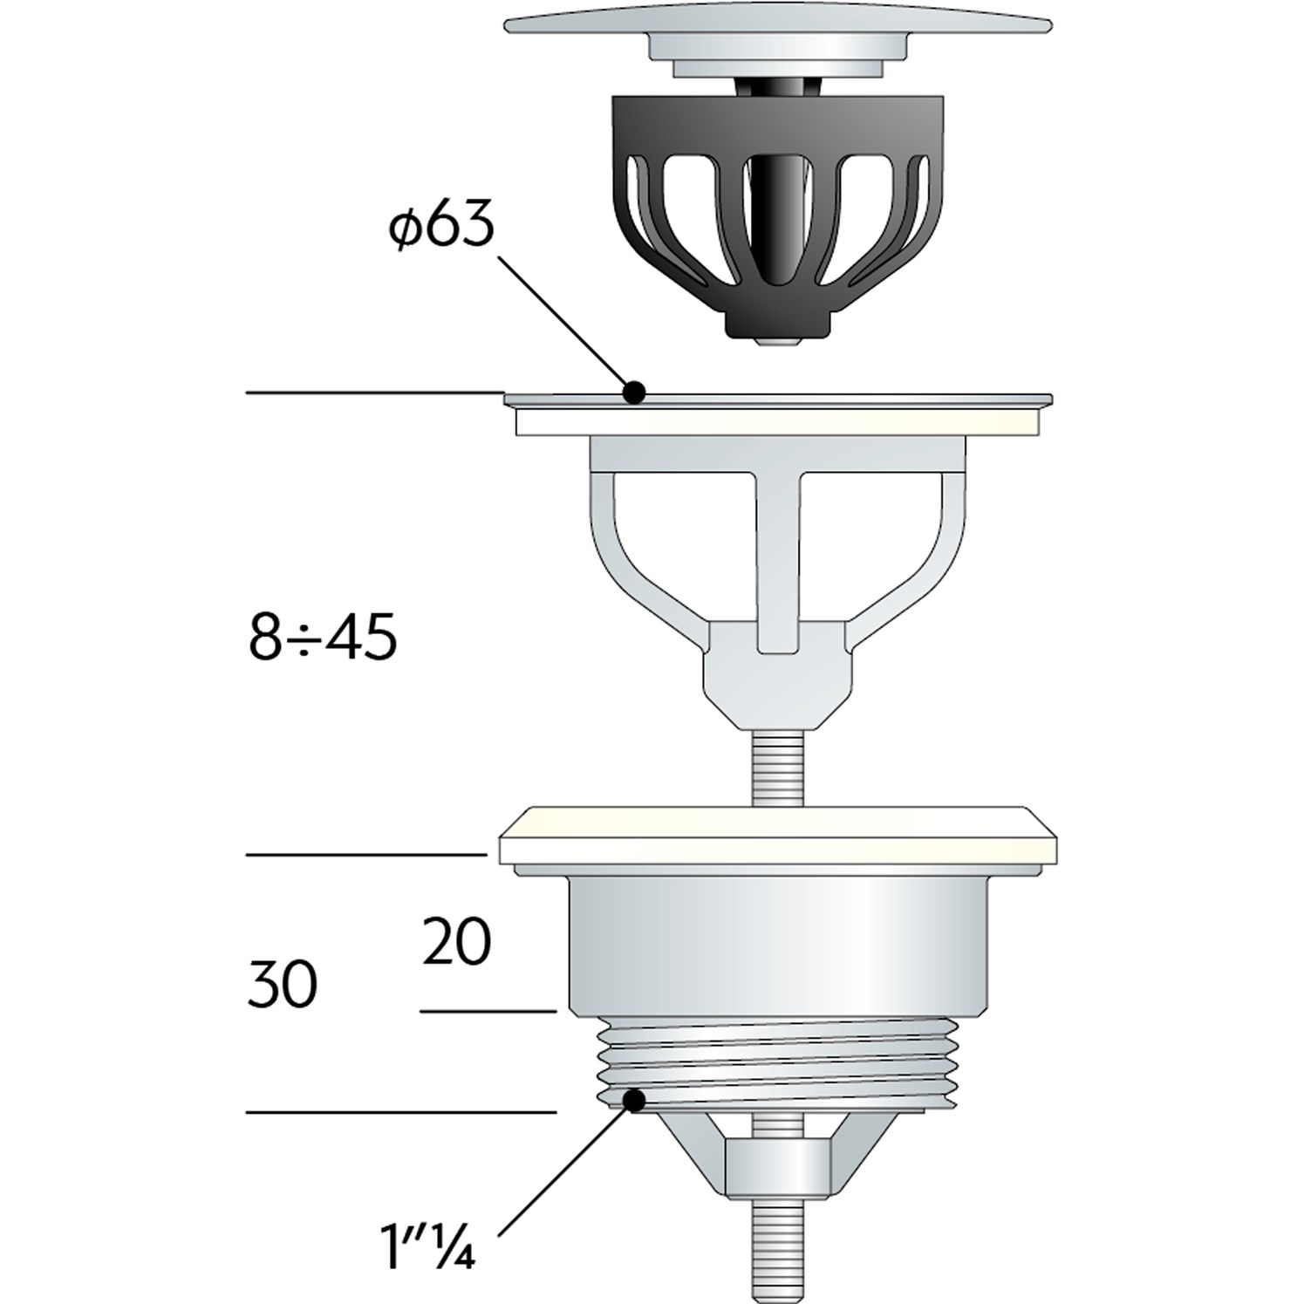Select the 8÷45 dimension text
pos(323,638)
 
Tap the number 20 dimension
pos(456,941)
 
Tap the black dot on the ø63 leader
pos(635,393)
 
